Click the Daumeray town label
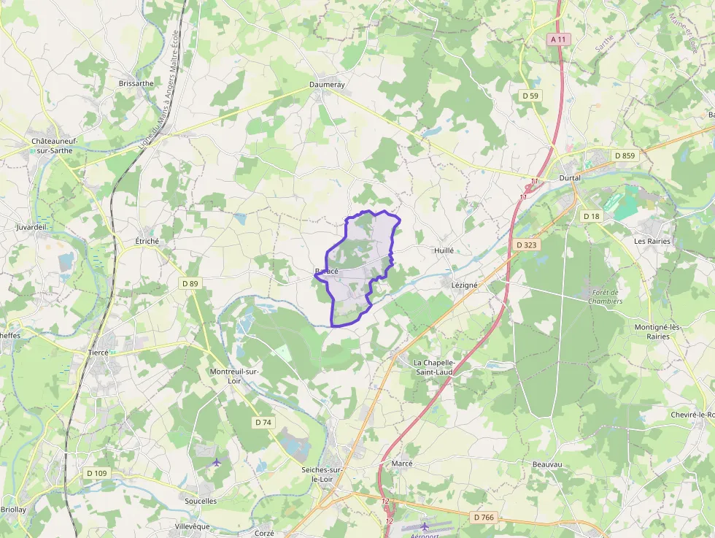[327, 85]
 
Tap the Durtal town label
[569, 177]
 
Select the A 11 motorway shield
[558, 39]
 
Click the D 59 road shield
[530, 96]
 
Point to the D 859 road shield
[625, 155]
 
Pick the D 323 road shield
[525, 245]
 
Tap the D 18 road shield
[591, 216]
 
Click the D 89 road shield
[190, 283]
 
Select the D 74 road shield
[263, 423]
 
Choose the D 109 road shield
[96, 473]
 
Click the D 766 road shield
[484, 517]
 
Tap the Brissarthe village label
[136, 83]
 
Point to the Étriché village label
[147, 241]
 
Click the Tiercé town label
[98, 352]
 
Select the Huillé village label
[444, 250]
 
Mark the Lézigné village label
[465, 285]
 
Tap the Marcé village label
[402, 464]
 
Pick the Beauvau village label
[547, 464]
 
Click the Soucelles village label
[201, 502]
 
